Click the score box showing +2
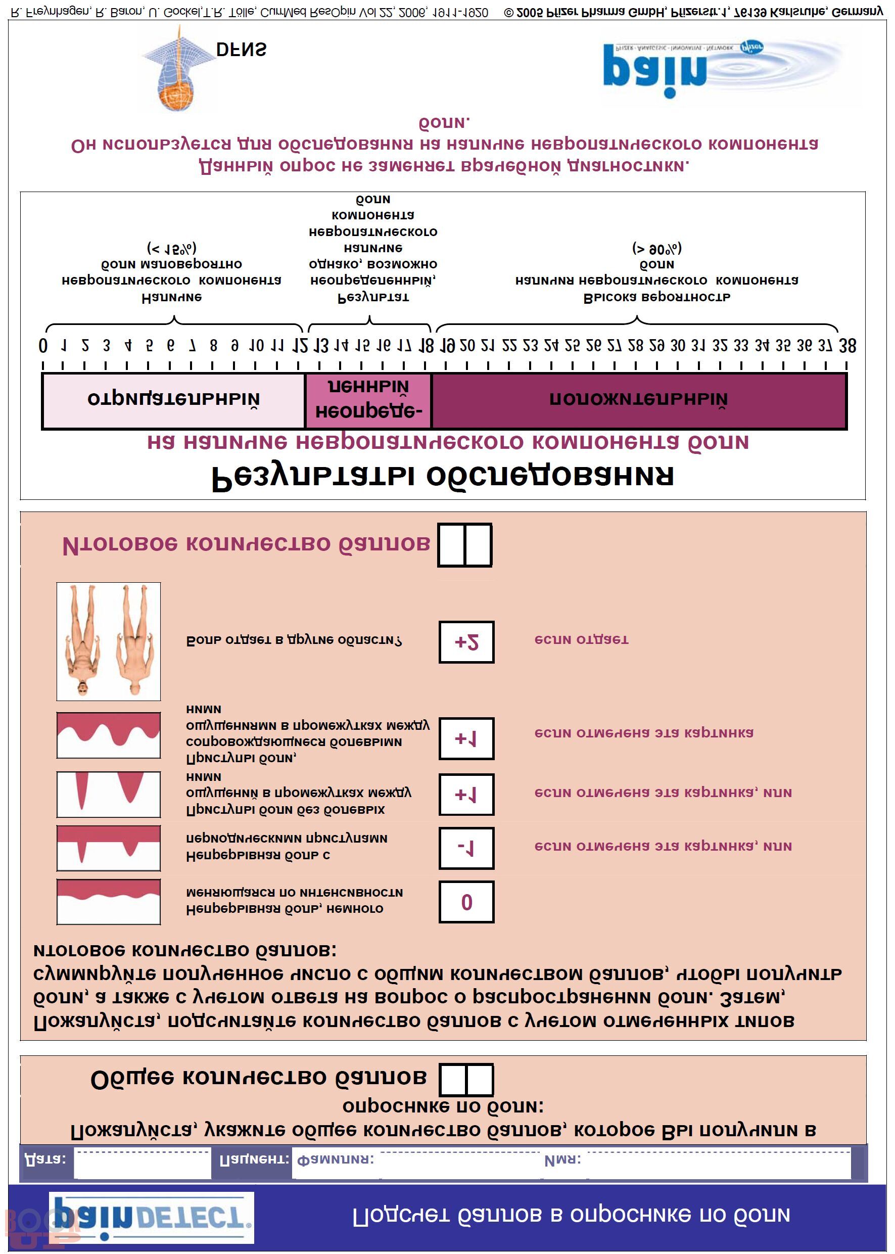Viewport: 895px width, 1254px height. point(466,641)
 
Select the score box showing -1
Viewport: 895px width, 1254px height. point(466,848)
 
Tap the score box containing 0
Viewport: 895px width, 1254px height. point(466,902)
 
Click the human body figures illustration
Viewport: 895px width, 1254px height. point(109,641)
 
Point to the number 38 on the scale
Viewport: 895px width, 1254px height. point(847,346)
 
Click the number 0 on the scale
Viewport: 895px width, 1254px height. point(43,346)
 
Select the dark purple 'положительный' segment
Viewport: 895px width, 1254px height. point(639,401)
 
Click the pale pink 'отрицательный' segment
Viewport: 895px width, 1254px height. point(174,401)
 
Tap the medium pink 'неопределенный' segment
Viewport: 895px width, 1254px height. point(368,401)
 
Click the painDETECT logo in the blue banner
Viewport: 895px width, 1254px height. point(152,1217)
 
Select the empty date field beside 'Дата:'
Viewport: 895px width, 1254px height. point(142,1164)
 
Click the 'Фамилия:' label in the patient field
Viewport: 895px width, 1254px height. point(335,1160)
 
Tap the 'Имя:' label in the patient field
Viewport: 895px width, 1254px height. point(562,1160)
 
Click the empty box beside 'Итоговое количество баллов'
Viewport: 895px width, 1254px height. point(464,544)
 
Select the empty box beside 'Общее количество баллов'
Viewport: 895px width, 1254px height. point(466,1079)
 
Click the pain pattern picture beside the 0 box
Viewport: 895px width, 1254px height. point(109,902)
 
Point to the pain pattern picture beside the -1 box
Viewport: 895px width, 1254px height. point(109,848)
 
